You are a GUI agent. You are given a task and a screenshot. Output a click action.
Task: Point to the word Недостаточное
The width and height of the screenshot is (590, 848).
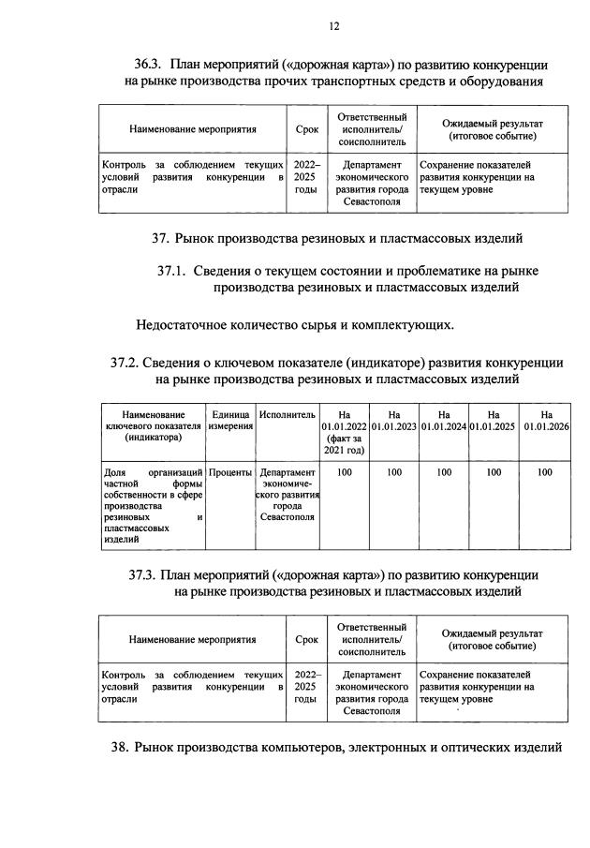tap(184, 325)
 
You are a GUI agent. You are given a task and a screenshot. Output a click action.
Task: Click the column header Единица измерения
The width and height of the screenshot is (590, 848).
tap(230, 420)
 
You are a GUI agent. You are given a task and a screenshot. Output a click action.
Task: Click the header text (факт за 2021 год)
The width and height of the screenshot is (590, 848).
tap(345, 444)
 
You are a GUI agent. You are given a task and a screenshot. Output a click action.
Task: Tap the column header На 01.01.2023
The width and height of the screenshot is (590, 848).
tap(395, 420)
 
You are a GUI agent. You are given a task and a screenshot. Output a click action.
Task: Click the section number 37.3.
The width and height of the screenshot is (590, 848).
tap(144, 574)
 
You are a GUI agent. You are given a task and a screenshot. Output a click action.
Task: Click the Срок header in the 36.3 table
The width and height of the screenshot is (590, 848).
tap(306, 130)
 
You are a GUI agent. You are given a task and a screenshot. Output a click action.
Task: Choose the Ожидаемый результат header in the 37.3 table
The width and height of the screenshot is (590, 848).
tap(492, 640)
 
